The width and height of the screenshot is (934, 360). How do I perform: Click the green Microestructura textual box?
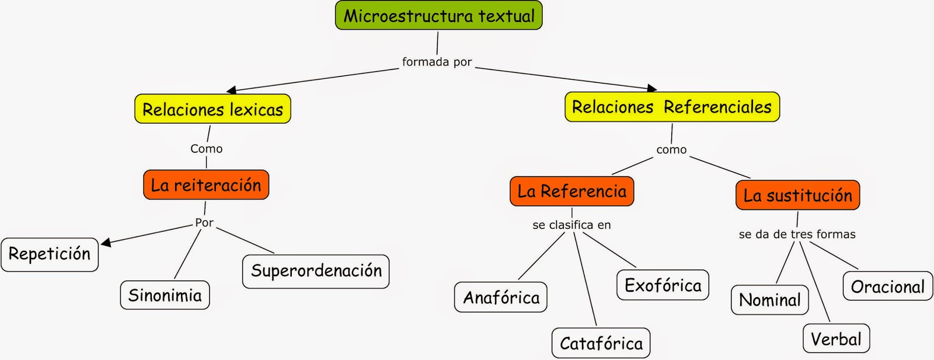438,16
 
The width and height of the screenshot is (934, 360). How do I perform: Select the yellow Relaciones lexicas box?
212,109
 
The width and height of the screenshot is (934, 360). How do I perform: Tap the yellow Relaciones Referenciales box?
672,107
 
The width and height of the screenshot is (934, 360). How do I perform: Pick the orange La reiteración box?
206,185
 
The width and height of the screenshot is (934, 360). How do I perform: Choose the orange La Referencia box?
571,191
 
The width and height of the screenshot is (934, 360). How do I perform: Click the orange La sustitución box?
797,195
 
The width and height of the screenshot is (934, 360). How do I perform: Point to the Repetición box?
50,254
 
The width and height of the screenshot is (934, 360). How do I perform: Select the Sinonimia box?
165,295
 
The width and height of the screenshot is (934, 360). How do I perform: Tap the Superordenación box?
316,271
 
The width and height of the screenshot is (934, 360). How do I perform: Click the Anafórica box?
501,298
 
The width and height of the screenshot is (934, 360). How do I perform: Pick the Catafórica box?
601,343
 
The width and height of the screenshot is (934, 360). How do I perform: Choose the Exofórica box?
663,285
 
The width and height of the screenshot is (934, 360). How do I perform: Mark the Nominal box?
769,300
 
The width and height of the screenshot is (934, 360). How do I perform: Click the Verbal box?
836,339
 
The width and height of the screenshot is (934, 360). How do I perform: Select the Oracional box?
887,286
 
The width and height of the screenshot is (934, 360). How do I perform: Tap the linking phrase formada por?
437,62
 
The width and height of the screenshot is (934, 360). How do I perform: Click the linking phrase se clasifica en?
571,225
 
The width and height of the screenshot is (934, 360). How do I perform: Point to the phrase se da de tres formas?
797,235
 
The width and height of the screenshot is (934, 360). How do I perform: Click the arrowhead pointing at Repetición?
106,242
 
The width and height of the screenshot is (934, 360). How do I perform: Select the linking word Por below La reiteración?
204,223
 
